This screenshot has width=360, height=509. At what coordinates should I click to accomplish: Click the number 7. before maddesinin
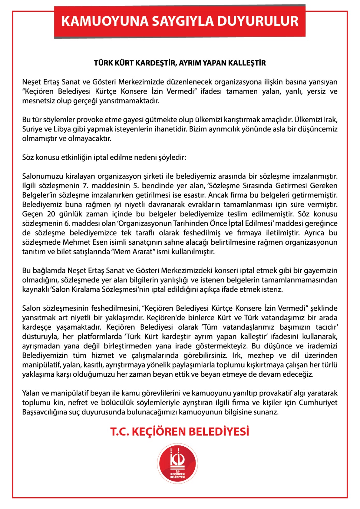click(x=85, y=185)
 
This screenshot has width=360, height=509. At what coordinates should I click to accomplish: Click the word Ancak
click(x=209, y=195)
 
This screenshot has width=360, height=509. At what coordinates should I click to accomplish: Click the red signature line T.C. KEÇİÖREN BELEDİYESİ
click(x=180, y=432)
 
